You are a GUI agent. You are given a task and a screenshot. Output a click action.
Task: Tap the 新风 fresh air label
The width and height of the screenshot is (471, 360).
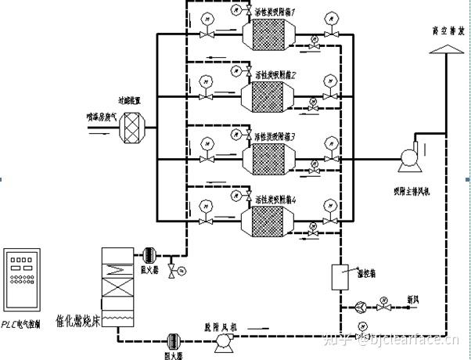[x=412, y=298]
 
